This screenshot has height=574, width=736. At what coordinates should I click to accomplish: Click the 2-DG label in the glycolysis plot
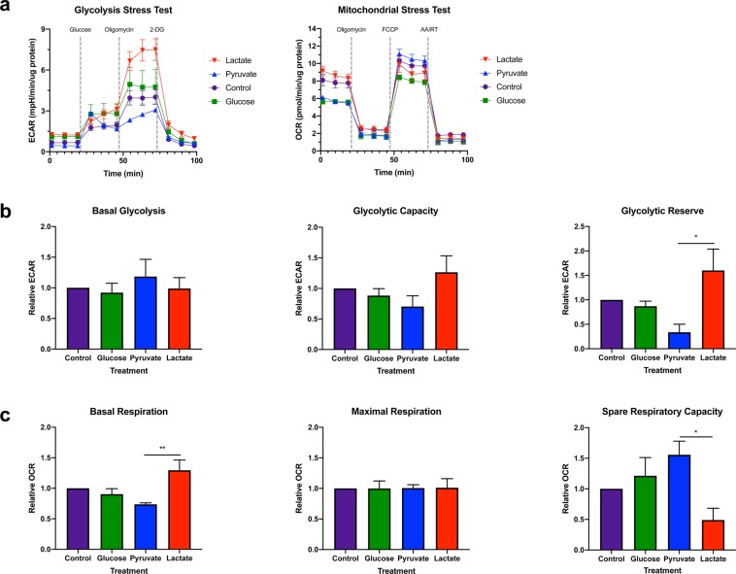157,30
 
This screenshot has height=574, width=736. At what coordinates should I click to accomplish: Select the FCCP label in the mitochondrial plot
390,30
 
